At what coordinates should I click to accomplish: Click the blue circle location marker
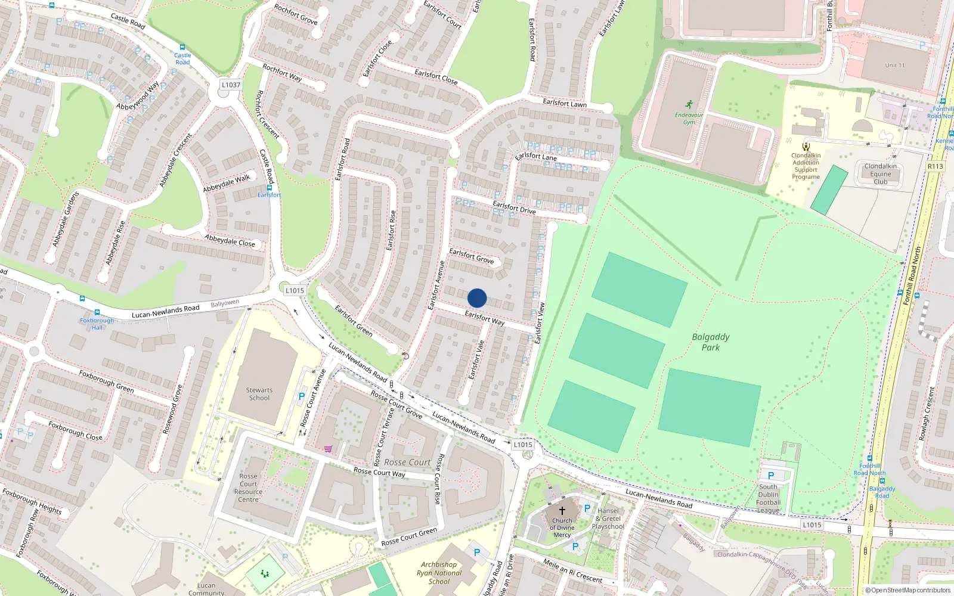(x=477, y=298)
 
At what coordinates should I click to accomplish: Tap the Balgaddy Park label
(x=710, y=342)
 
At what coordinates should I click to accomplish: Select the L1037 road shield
(x=231, y=85)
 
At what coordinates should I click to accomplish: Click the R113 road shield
(x=935, y=166)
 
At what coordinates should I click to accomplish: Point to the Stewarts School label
(x=259, y=394)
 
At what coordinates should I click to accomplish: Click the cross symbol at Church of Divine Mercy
(x=562, y=511)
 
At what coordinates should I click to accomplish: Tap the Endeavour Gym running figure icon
(x=689, y=104)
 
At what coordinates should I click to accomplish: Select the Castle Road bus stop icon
(x=182, y=48)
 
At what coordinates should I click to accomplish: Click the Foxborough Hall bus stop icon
(x=97, y=312)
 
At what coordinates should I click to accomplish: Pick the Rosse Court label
(x=407, y=462)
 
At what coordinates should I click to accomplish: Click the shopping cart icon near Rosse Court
(x=328, y=449)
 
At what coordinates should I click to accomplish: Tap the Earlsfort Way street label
(x=484, y=318)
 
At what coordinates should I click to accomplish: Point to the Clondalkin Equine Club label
(x=880, y=174)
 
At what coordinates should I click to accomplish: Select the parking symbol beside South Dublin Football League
(x=770, y=476)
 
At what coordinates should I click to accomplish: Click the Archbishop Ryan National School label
(x=439, y=573)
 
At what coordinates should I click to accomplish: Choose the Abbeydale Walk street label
(x=227, y=183)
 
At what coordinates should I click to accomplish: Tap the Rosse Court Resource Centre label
(x=248, y=488)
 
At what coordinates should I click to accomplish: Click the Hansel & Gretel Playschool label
(x=609, y=519)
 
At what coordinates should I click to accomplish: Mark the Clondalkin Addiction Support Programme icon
(x=806, y=146)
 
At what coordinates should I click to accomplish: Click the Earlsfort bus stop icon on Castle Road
(x=270, y=188)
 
